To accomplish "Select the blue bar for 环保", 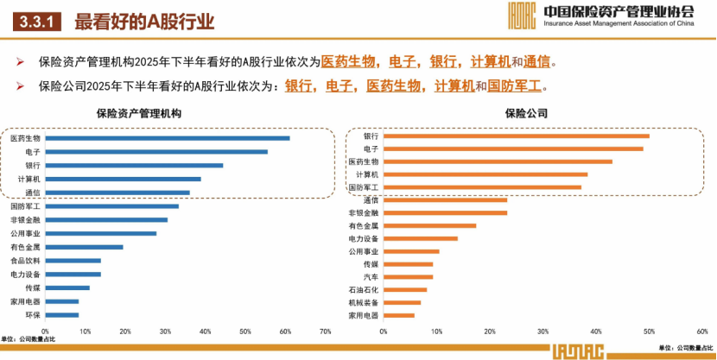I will coord(61,314).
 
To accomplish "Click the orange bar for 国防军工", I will coord(482,186).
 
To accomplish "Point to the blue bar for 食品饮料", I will coord(73,260).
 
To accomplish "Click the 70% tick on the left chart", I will coord(325,331).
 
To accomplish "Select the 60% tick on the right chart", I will coord(702,331).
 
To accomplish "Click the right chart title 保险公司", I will coord(526,113).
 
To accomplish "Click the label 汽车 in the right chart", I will coord(370,277).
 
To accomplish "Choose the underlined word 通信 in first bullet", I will coord(537,62).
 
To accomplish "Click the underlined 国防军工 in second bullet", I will coord(516,86).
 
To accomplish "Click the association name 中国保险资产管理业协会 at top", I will coord(619,12).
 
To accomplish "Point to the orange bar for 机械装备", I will coord(402,302).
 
